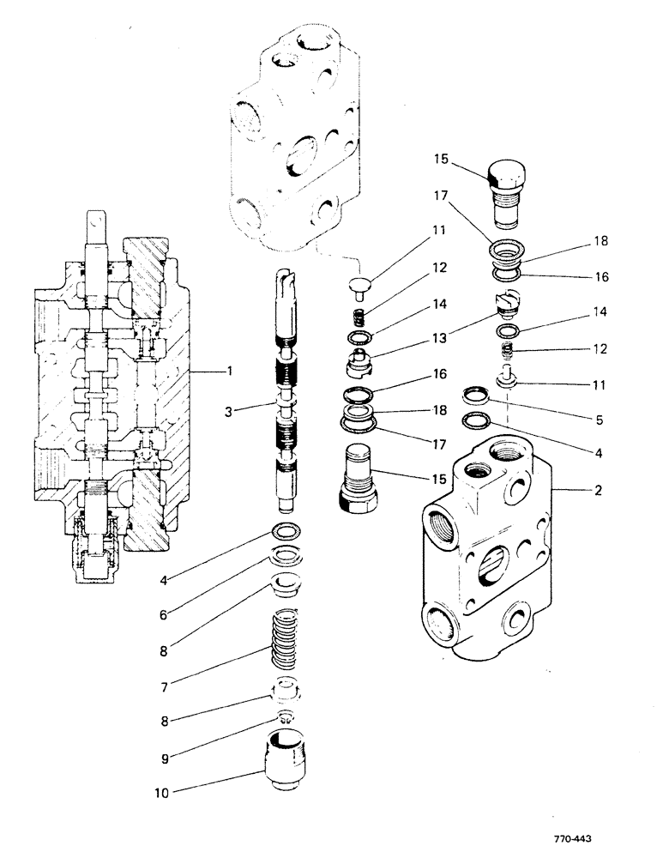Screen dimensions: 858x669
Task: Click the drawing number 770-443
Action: click(x=572, y=839)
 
